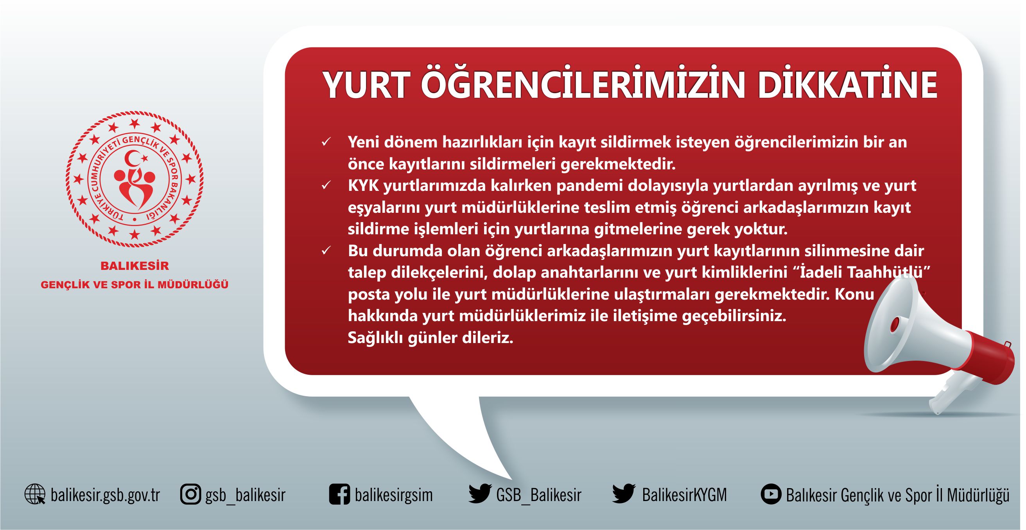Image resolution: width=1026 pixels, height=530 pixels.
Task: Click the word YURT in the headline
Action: pos(366,86)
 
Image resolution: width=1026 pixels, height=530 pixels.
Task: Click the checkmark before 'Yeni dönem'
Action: pos(326,142)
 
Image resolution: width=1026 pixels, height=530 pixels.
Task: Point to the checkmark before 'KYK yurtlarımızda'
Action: pos(326,185)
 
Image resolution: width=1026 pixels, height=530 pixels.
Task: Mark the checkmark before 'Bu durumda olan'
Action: pos(326,251)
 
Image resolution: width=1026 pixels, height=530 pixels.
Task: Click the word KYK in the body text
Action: pos(363,186)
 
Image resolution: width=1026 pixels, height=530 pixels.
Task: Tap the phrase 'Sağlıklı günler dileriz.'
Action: pos(430,338)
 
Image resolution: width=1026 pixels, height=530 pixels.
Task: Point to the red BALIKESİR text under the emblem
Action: pos(135,266)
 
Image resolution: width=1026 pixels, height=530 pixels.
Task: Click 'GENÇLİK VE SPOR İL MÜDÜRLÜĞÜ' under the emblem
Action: pos(135,285)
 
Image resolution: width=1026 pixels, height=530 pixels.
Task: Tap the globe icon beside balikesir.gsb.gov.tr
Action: pos(35,494)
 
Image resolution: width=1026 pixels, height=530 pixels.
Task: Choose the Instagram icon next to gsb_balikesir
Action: pos(191,494)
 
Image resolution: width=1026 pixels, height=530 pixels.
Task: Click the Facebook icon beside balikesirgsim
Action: pos(340,494)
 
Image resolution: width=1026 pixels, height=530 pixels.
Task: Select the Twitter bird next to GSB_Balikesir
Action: pos(480,494)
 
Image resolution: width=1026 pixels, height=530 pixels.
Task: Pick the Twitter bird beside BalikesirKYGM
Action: pos(624,494)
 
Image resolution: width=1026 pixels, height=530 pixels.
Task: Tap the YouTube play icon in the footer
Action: pos(771,494)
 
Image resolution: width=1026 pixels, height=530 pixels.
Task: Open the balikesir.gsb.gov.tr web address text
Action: pos(106,495)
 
